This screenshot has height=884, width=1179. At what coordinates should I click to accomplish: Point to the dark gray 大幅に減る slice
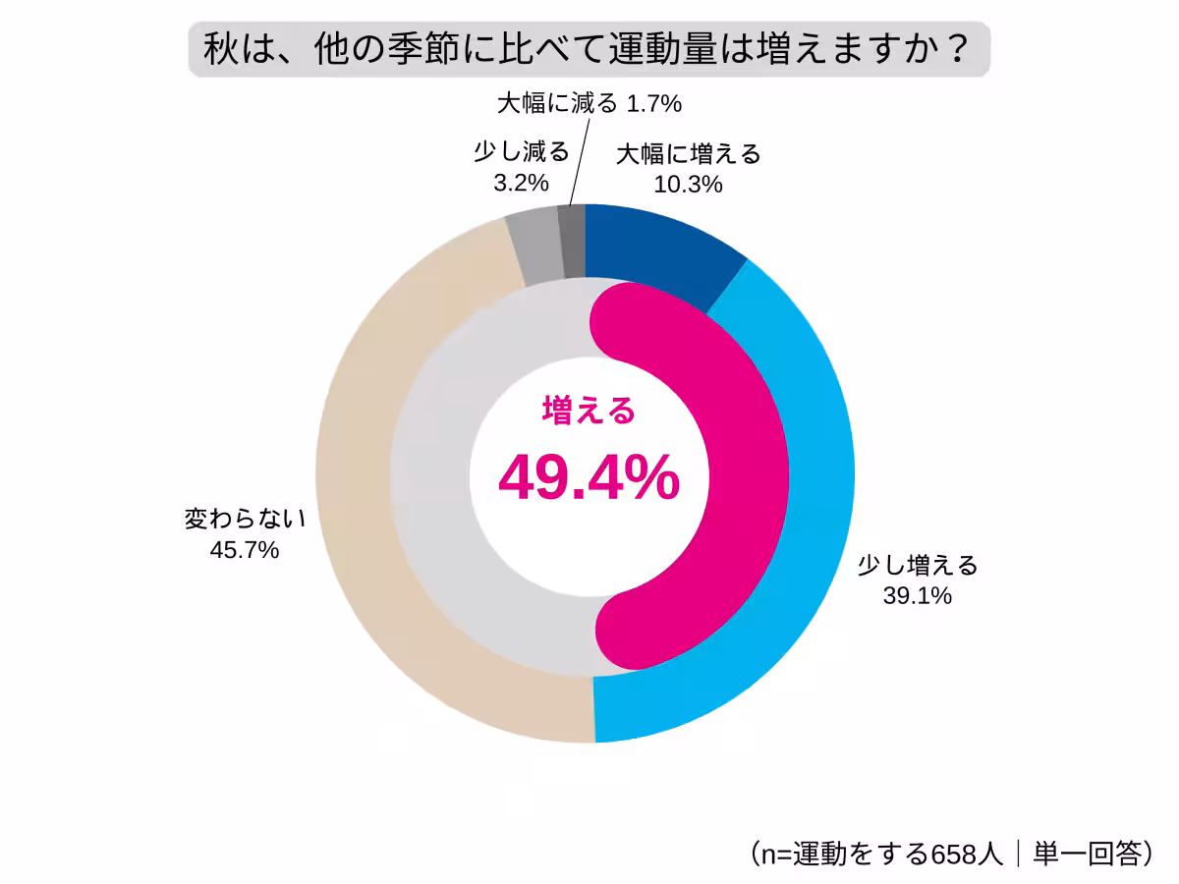click(x=571, y=241)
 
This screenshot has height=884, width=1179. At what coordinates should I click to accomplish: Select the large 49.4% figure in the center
click(x=589, y=479)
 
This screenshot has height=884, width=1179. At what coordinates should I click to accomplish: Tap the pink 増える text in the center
click(x=589, y=411)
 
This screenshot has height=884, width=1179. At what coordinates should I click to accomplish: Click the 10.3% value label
click(x=689, y=184)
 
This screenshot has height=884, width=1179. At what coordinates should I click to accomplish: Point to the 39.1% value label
click(x=918, y=595)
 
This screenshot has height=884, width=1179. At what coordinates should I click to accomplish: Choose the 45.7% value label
click(x=245, y=550)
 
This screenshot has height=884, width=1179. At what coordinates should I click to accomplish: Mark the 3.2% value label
click(x=521, y=184)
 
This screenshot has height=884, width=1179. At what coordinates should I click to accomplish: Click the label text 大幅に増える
click(x=689, y=153)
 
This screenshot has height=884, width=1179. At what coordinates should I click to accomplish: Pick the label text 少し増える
click(x=918, y=565)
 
